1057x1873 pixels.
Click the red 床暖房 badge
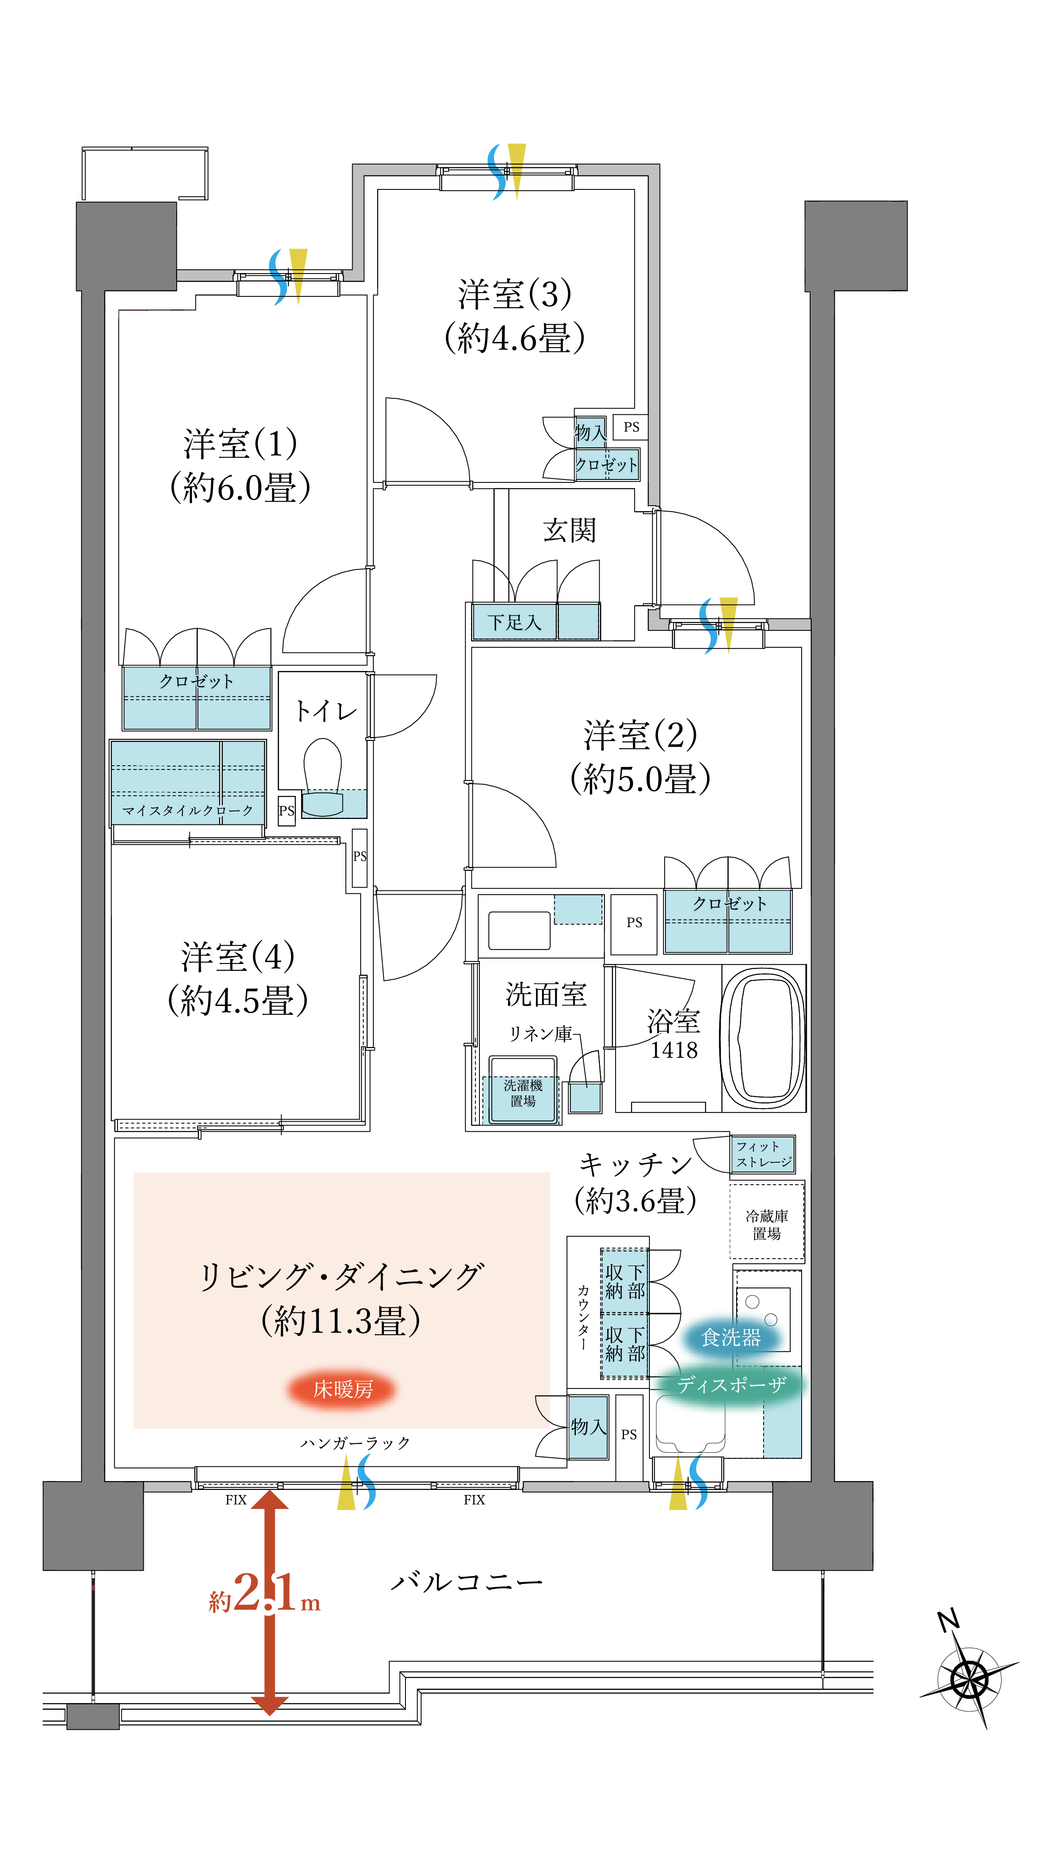click(x=342, y=1389)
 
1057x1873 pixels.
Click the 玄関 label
click(x=569, y=531)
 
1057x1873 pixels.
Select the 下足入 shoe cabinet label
click(x=514, y=622)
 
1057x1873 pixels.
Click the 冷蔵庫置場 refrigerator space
click(x=767, y=1224)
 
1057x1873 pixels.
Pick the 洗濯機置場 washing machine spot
click(x=523, y=1093)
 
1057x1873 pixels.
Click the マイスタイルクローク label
click(x=188, y=810)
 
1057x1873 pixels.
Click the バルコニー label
click(x=467, y=1583)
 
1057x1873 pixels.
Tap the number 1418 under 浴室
click(x=674, y=1051)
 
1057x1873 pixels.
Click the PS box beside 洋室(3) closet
click(x=631, y=427)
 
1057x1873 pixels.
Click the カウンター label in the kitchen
click(x=583, y=1316)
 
